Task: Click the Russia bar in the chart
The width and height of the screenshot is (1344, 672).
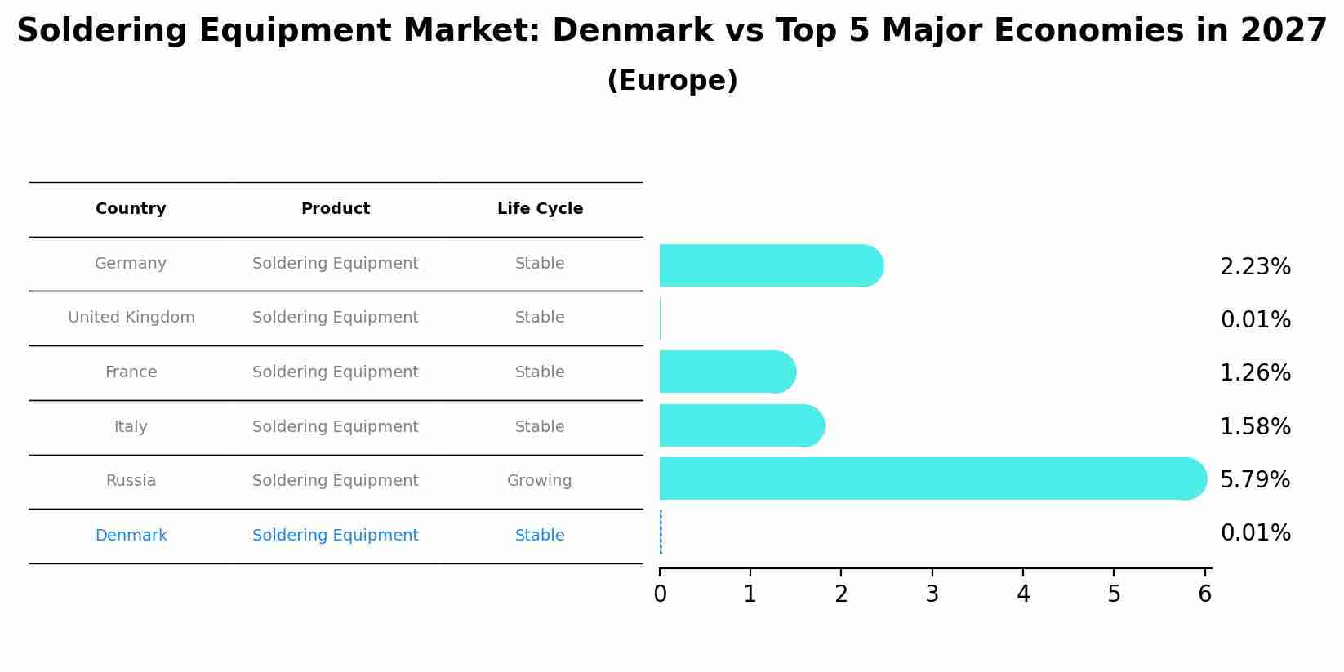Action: point(931,478)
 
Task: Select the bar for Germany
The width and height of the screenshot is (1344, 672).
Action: point(770,265)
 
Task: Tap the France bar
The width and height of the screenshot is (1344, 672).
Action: point(727,372)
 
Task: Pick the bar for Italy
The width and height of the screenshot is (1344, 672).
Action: point(741,425)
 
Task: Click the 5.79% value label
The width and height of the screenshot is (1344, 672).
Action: point(1254,479)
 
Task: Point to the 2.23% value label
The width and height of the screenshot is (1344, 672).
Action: point(1254,267)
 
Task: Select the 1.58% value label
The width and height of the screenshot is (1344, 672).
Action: point(1254,426)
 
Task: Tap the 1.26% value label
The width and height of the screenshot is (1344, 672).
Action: point(1254,373)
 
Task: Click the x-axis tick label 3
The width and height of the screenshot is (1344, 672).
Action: point(932,594)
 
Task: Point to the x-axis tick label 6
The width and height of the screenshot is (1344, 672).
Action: point(1204,594)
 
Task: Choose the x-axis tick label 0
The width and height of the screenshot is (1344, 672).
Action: point(660,594)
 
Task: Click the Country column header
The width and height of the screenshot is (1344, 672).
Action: point(131,209)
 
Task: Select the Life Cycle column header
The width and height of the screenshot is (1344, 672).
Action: point(540,209)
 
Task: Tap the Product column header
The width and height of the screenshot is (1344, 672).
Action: point(335,209)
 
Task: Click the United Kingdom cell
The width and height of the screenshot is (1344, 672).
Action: point(131,318)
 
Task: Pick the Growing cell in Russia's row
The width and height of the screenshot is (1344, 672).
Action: point(539,481)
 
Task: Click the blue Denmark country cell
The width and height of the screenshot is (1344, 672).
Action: point(131,536)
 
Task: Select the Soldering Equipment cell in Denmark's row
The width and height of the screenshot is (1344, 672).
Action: point(335,536)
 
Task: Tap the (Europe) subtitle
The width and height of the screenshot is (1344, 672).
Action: point(672,81)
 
